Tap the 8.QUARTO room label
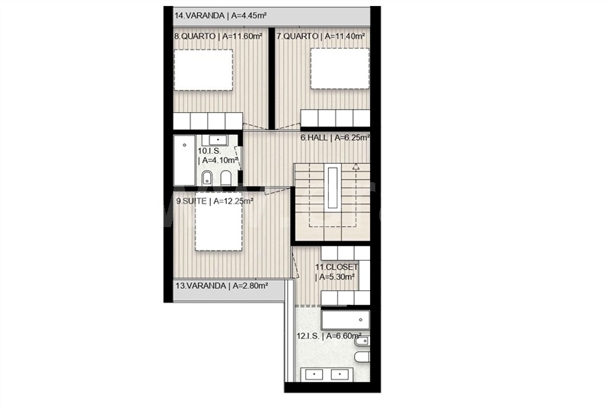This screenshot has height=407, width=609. (218, 36)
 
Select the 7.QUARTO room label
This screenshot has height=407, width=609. (320, 36)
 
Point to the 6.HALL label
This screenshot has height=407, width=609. (335, 137)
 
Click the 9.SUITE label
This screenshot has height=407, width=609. (215, 201)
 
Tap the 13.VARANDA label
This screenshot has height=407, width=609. (222, 286)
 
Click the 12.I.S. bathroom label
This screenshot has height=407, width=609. (329, 336)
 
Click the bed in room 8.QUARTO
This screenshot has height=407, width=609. (203, 70)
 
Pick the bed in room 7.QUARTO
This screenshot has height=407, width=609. (340, 69)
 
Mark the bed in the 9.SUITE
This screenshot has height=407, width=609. (218, 222)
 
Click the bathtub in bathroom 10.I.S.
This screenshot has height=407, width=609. (184, 160)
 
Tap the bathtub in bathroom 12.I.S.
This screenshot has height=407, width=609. (346, 319)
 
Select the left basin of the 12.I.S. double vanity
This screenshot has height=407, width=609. (314, 375)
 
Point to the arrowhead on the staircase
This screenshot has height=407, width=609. (356, 167)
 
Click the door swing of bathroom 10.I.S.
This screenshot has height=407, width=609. (238, 159)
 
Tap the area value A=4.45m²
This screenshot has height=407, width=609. (249, 16)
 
